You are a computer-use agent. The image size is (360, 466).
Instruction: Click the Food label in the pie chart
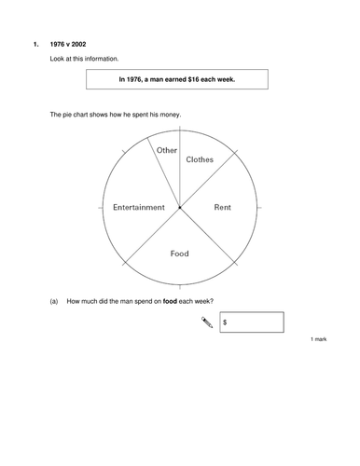pyautogui.click(x=179, y=254)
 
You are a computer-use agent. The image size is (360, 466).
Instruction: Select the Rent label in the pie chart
pyautogui.click(x=223, y=207)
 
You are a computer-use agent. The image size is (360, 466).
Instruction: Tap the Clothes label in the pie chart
pyautogui.click(x=200, y=159)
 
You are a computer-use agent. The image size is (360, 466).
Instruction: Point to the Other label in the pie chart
pyautogui.click(x=167, y=150)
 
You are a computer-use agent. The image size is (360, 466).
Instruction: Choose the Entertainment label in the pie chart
pyautogui.click(x=139, y=207)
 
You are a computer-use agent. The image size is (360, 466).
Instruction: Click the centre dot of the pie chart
pyautogui.click(x=179, y=207)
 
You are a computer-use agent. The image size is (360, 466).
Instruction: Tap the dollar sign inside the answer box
pyautogui.click(x=227, y=323)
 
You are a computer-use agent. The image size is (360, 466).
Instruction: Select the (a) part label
pyautogui.click(x=54, y=300)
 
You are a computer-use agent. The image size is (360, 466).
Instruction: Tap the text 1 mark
pyautogui.click(x=318, y=340)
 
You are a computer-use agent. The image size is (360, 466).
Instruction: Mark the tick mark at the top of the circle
pyautogui.click(x=179, y=130)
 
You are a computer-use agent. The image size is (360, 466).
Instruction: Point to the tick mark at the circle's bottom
pyautogui.click(x=179, y=284)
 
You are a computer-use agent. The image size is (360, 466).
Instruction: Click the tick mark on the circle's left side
pyautogui.click(x=102, y=207)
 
